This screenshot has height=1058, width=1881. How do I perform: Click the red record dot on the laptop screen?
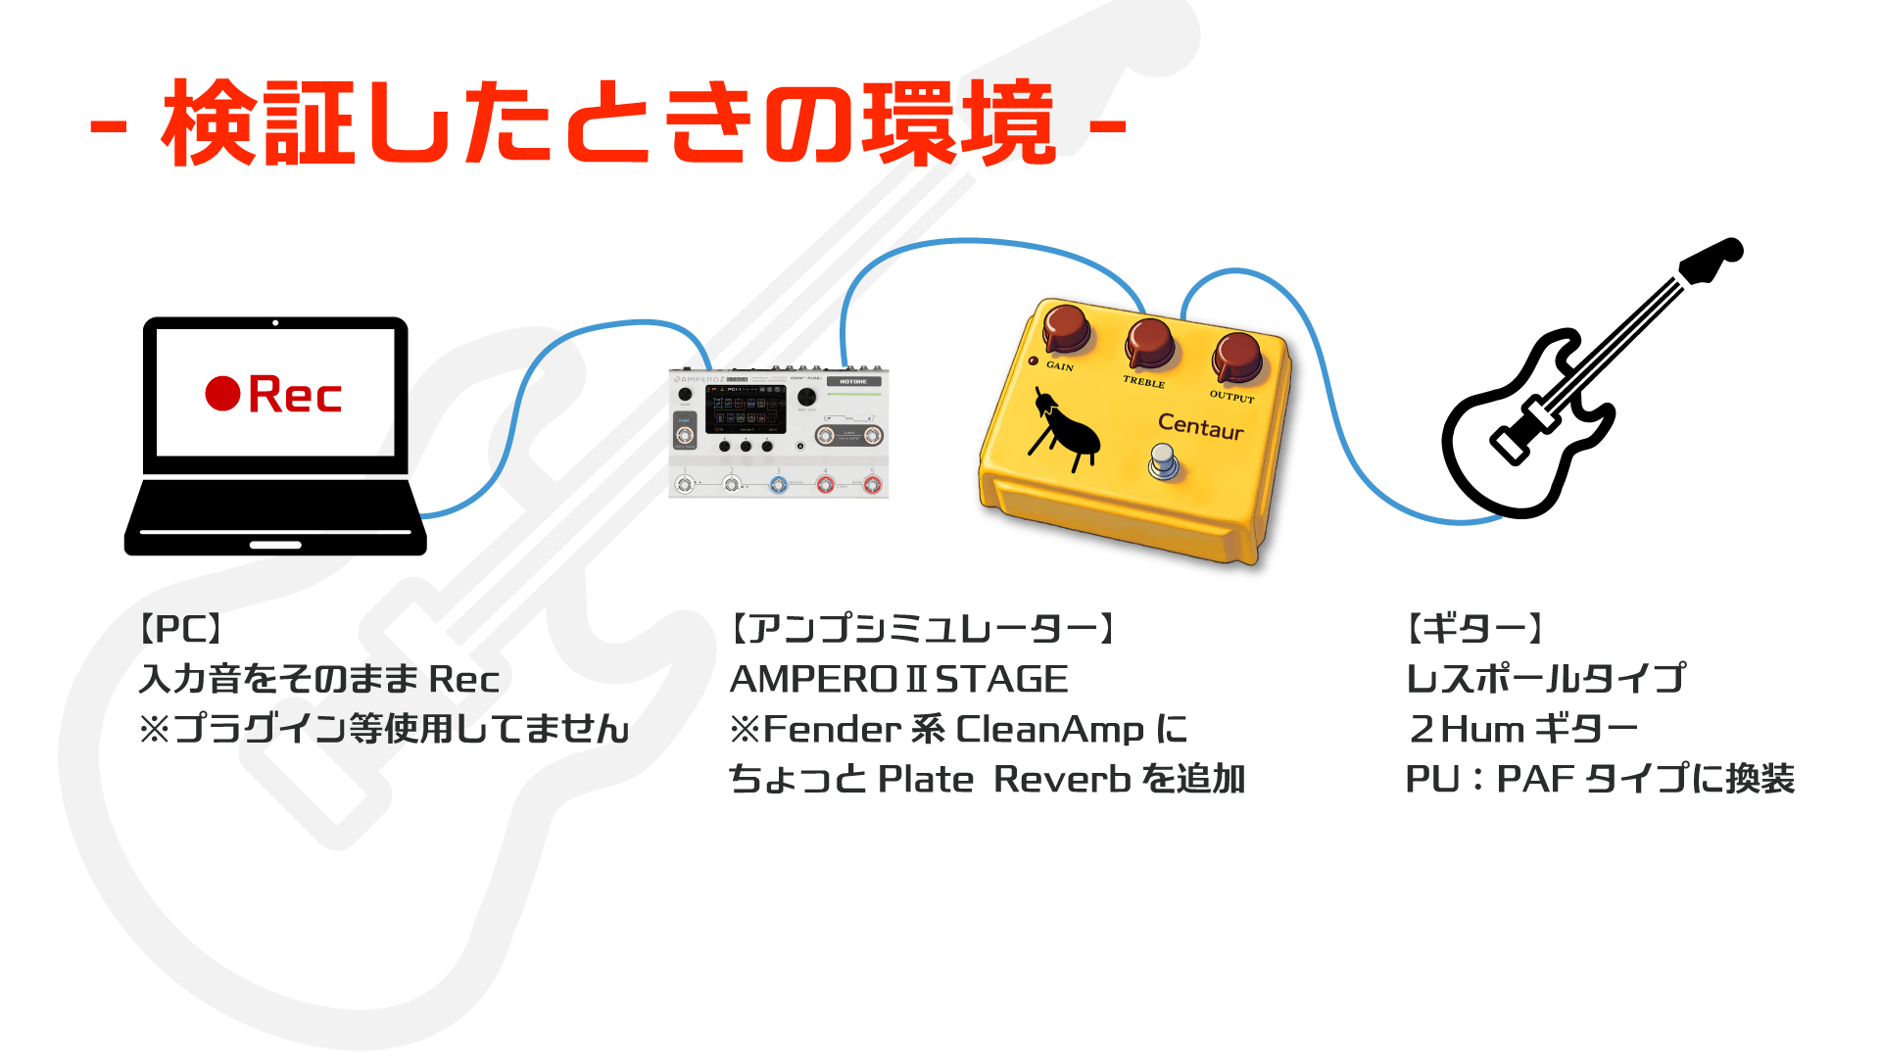coord(222,394)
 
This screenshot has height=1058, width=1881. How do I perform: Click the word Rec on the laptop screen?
coord(295,395)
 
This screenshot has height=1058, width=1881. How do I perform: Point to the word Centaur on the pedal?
coord(1200,426)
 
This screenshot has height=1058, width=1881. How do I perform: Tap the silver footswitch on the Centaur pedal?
coord(1163,460)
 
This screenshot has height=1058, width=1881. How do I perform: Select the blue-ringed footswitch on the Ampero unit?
coord(778,484)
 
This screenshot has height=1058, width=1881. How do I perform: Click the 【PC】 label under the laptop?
coord(181,628)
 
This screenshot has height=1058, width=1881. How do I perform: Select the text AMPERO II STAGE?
coord(898,679)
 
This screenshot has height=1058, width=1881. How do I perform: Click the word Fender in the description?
coord(832,729)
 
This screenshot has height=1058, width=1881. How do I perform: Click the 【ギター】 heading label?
coord(1474,628)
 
